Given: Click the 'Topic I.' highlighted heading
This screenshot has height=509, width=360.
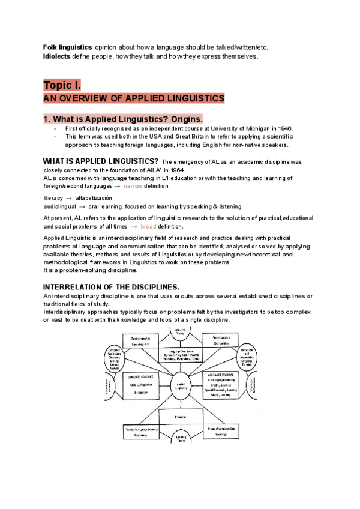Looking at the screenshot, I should click(62, 84).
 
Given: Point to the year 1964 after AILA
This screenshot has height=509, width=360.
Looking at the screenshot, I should click(175, 170).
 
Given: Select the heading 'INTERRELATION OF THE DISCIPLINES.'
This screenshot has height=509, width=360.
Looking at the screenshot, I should click(112, 287).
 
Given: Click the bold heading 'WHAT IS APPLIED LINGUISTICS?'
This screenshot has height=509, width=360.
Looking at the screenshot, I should click(101, 161).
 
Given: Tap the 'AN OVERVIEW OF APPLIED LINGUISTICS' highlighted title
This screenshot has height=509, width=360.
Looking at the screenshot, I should click(133, 98).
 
